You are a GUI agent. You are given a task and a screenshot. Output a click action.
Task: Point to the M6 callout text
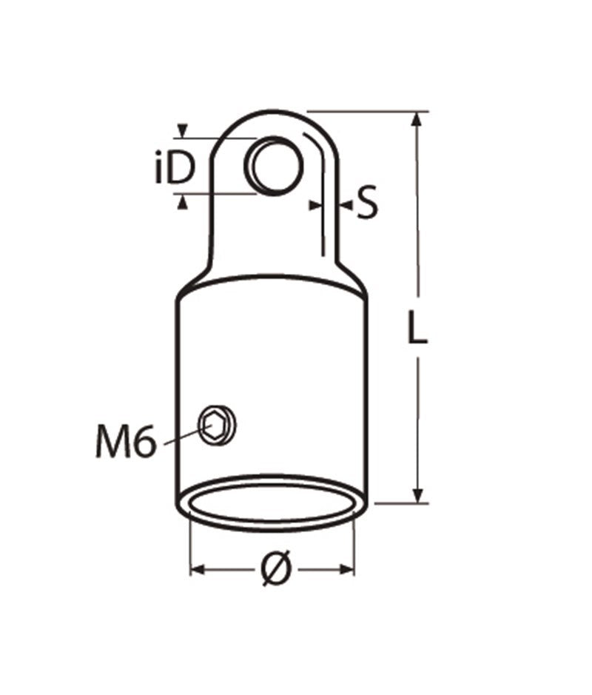coord(124,442)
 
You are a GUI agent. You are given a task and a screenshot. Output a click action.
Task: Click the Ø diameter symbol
coord(273,570)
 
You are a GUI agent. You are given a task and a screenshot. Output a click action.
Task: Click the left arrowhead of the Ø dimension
coord(198,570)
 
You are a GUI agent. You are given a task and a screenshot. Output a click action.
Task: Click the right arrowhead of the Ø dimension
coord(348,570)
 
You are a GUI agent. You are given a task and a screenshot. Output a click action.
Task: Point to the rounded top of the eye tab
coord(273,115)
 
